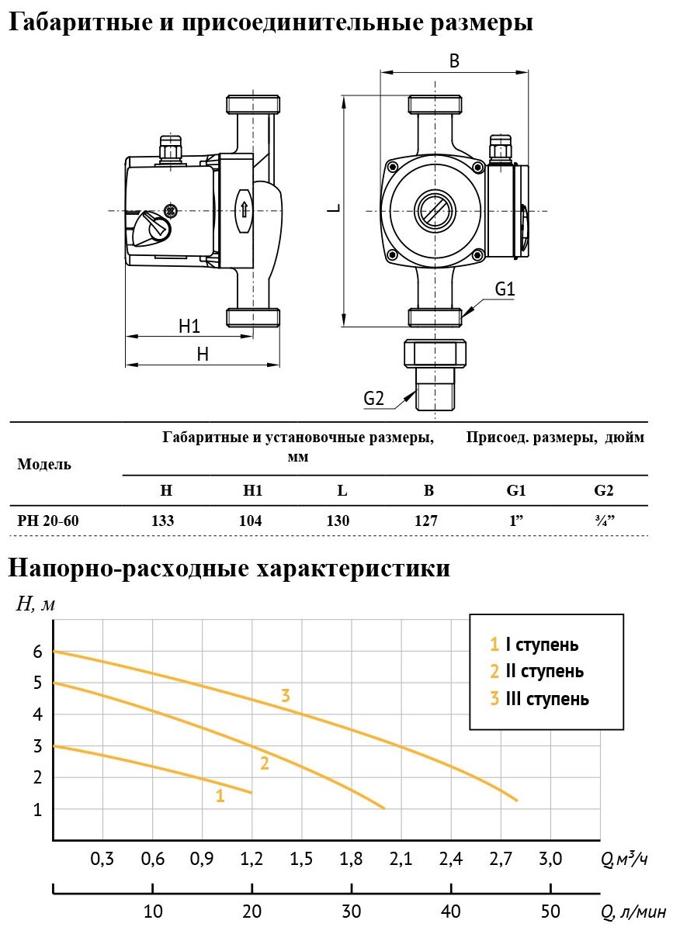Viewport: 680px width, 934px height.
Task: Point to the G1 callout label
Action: (x=505, y=289)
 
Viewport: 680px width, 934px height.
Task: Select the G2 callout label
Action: (x=374, y=399)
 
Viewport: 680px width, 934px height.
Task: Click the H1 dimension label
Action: (x=189, y=326)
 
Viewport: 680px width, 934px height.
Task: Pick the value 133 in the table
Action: (x=163, y=521)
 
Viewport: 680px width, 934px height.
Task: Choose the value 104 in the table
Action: (x=252, y=521)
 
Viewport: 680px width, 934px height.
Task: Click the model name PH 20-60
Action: (x=47, y=521)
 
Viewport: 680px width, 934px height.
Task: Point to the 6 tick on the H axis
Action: (x=36, y=652)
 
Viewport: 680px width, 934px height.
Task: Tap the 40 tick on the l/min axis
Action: (x=450, y=909)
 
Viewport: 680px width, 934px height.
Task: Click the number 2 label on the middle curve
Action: (x=265, y=763)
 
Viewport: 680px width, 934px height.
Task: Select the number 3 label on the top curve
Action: (x=286, y=695)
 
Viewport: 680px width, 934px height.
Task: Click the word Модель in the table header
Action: (x=44, y=465)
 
